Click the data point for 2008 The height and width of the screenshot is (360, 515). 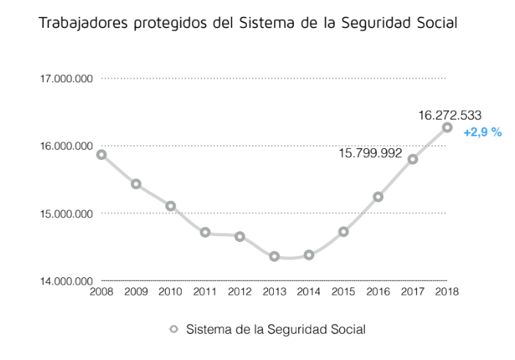pyautogui.click(x=101, y=154)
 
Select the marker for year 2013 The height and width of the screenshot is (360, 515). pyautogui.click(x=274, y=256)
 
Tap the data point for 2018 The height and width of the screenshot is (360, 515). pyautogui.click(x=447, y=128)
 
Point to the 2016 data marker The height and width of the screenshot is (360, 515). pyautogui.click(x=378, y=196)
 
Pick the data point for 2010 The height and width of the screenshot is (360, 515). pyautogui.click(x=171, y=206)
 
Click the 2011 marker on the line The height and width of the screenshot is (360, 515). pyautogui.click(x=205, y=232)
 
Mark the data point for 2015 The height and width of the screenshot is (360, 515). pyautogui.click(x=344, y=232)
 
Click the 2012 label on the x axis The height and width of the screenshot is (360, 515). pyautogui.click(x=240, y=291)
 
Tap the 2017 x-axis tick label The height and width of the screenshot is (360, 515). pyautogui.click(x=412, y=291)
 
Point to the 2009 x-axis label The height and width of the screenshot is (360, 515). pyautogui.click(x=136, y=291)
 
